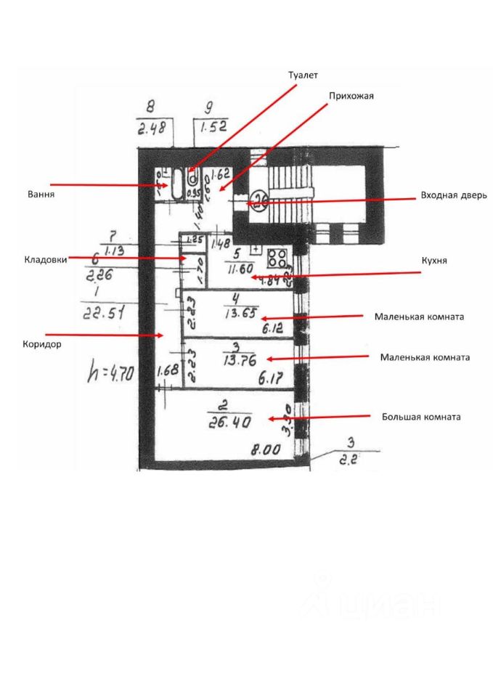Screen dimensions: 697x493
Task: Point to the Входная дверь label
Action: (x=448, y=195)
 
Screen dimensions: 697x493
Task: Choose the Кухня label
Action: (x=434, y=261)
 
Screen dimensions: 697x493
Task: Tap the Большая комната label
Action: (x=421, y=417)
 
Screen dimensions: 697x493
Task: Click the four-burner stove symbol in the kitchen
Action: (x=277, y=259)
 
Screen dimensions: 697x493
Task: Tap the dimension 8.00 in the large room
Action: (x=266, y=450)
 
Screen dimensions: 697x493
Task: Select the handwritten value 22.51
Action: (x=100, y=314)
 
